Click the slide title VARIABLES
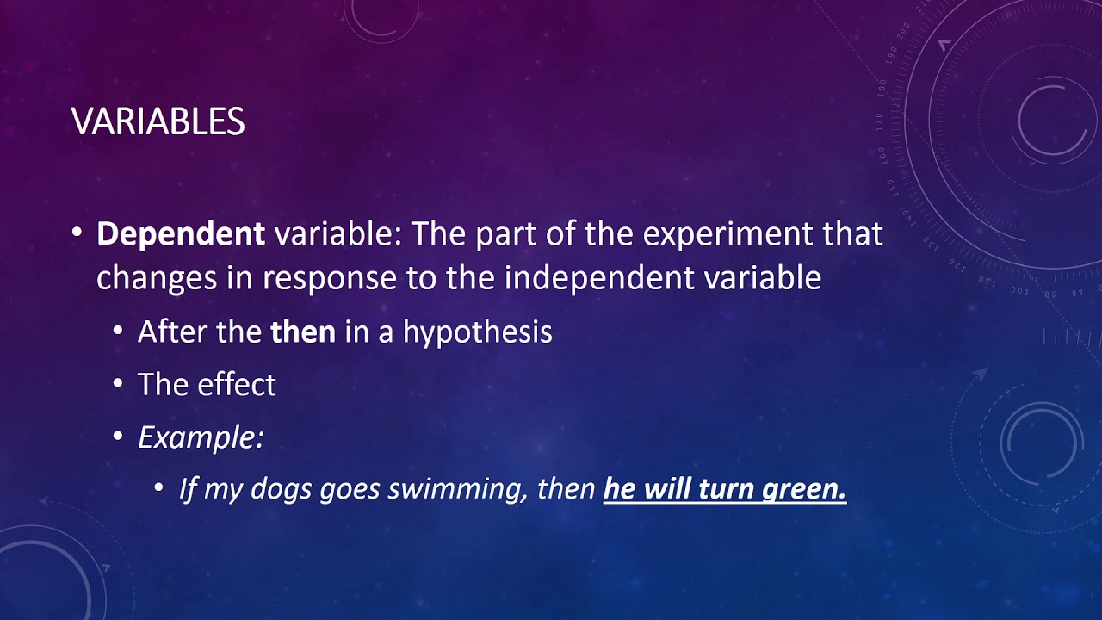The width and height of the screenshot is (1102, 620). [158, 121]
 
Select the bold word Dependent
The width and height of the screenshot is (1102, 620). [181, 234]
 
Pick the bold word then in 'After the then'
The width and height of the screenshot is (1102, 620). [303, 332]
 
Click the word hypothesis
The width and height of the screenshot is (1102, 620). [477, 333]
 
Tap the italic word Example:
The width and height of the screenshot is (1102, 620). [201, 437]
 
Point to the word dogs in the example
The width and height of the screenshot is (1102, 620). [282, 489]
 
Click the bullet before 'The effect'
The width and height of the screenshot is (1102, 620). [118, 384]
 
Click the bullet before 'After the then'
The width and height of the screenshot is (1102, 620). [118, 332]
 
